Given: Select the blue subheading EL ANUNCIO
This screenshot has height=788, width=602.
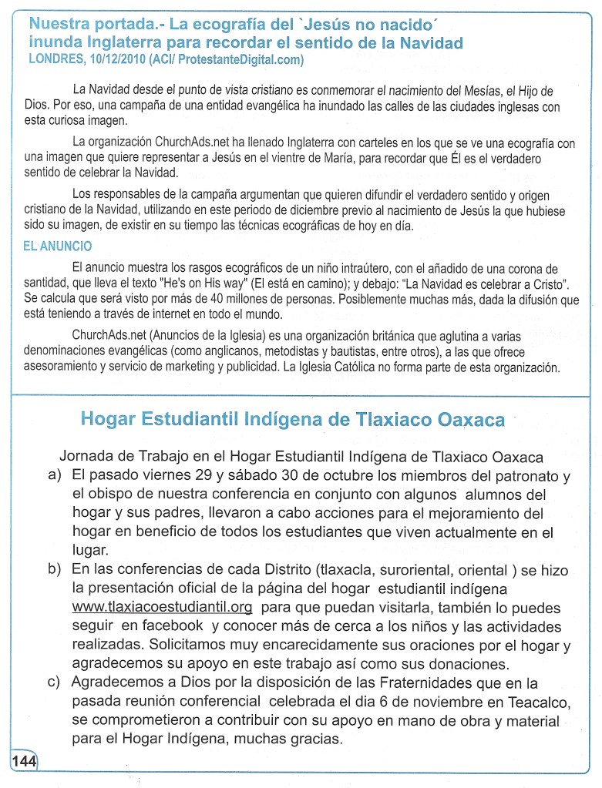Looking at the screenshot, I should [x=58, y=246].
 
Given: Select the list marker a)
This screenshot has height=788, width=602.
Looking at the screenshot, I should [x=55, y=474].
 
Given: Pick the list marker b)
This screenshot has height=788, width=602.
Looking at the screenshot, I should [x=55, y=570].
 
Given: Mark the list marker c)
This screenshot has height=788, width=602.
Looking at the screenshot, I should [x=55, y=682].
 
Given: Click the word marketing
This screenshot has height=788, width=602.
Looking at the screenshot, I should [x=188, y=368].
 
